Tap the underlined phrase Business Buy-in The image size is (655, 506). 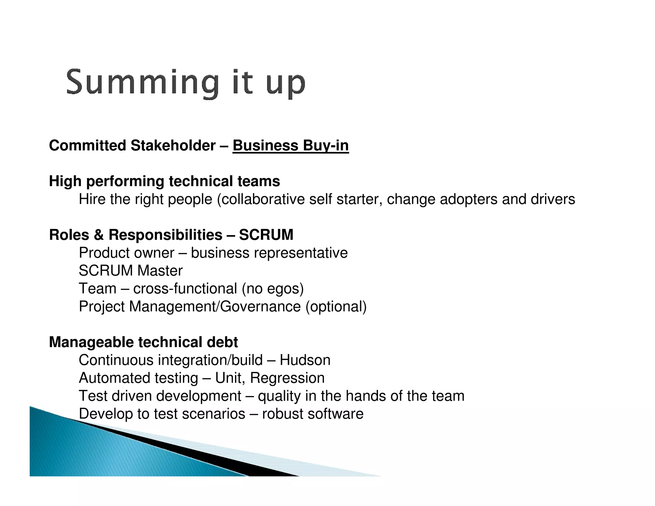[x=290, y=146]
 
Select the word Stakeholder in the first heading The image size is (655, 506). [x=173, y=146]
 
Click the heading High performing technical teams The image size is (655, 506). [x=164, y=181]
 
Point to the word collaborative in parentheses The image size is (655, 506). [x=263, y=199]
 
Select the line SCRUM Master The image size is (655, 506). [x=130, y=271]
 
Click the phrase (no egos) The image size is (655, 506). [x=272, y=289]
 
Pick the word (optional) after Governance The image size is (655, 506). [x=336, y=306]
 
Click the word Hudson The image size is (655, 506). [x=305, y=360]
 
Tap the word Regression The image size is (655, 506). [x=287, y=378]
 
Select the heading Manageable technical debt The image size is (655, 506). [x=143, y=342]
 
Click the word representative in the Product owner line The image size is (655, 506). [x=300, y=253]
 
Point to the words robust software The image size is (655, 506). [x=312, y=414]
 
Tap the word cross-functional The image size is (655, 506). [x=185, y=289]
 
